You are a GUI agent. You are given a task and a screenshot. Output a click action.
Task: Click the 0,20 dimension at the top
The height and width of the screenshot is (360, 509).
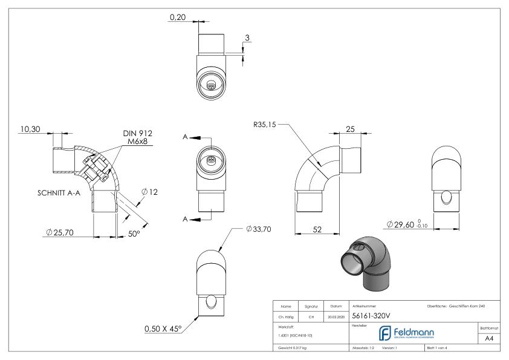tap(177, 18)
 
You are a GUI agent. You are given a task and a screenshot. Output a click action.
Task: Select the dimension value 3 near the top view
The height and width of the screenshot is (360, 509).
tap(247, 38)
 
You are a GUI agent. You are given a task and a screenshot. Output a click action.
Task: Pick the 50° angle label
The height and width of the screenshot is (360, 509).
tap(134, 233)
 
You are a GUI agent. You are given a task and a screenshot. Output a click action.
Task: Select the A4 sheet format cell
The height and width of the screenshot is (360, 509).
tap(491, 338)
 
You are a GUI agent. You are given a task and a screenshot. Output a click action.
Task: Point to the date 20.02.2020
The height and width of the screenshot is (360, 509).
tap(336, 316)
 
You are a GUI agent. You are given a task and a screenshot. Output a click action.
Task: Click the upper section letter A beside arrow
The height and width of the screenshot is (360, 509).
tap(185, 137)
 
